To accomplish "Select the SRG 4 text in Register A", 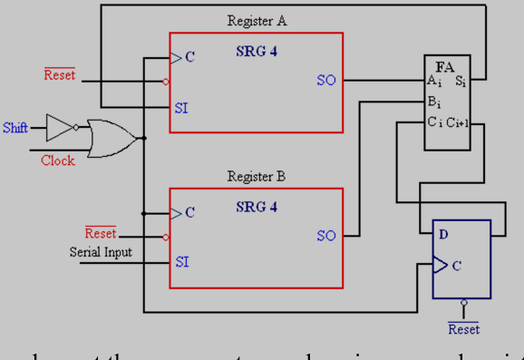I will click(257, 52).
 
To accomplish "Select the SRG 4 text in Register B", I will click(257, 207).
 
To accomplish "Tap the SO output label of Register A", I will click(326, 80).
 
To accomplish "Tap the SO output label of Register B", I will click(326, 236).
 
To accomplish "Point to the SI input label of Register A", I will click(182, 107).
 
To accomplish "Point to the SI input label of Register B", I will click(182, 261).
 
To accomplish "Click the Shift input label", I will click(15, 127).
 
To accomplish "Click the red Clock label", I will click(57, 161).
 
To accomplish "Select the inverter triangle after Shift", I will click(60, 127).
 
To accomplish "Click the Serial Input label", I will click(101, 251).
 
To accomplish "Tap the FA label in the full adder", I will click(445, 67).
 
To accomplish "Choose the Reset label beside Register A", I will click(60, 74).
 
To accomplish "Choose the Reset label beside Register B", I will click(101, 234).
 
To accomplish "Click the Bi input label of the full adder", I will click(434, 101).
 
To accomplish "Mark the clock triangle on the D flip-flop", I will click(440, 266).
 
